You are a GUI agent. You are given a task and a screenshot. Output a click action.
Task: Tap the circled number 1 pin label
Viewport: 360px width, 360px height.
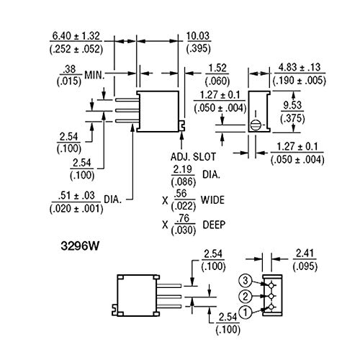[245, 312]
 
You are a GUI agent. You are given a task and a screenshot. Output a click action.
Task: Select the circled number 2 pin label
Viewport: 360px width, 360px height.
[245, 296]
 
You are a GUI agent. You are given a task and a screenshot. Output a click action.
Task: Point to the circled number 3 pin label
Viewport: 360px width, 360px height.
[245, 279]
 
